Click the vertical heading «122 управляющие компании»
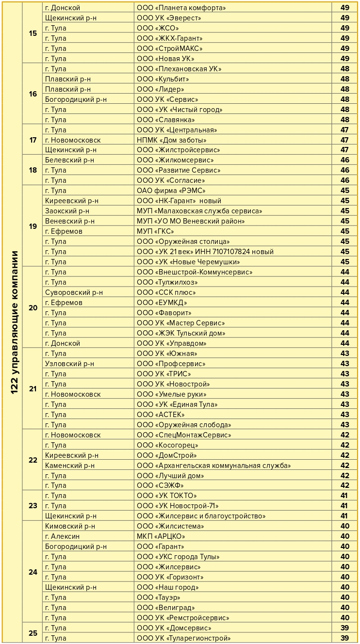click(x=15, y=322)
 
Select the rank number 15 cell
click(x=33, y=33)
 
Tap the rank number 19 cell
click(x=33, y=226)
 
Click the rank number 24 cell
click(x=33, y=572)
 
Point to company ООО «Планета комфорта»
click(x=181, y=8)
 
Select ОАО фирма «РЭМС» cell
click(x=171, y=191)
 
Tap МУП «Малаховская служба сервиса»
click(x=199, y=211)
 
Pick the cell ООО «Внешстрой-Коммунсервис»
click(x=195, y=272)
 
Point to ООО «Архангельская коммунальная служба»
click(x=213, y=466)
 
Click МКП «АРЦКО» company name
click(x=161, y=536)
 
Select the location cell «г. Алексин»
click(x=62, y=536)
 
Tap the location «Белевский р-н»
click(x=69, y=160)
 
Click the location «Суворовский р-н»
click(x=74, y=292)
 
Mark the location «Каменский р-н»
click(x=70, y=466)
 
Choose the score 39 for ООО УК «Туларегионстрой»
click(x=345, y=638)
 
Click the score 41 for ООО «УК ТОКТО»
click(x=345, y=496)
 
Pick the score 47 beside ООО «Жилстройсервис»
click(x=345, y=150)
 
